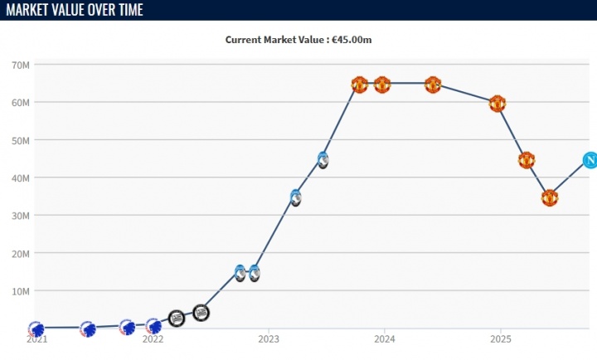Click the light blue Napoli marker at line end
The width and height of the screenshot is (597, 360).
click(x=590, y=160)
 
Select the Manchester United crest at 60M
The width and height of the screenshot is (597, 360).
click(x=497, y=104)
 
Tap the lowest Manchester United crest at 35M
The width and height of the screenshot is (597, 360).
click(x=550, y=197)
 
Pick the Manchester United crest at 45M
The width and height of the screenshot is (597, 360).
click(x=526, y=160)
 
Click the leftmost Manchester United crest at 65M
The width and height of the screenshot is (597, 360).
click(x=359, y=85)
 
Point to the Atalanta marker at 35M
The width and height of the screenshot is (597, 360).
click(x=295, y=197)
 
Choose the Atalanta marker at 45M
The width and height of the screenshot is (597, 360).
click(x=323, y=160)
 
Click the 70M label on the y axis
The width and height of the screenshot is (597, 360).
click(x=22, y=65)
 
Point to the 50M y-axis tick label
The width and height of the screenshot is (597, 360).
click(x=22, y=140)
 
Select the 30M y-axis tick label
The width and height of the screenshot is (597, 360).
click(x=22, y=216)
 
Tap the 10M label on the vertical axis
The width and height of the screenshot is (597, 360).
click(x=22, y=291)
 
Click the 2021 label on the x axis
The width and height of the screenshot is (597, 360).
click(x=36, y=339)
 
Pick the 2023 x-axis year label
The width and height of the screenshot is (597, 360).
click(x=269, y=339)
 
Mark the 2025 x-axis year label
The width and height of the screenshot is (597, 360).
click(x=500, y=339)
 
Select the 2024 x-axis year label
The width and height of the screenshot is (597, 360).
click(x=384, y=339)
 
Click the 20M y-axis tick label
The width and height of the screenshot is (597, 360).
click(x=22, y=253)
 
